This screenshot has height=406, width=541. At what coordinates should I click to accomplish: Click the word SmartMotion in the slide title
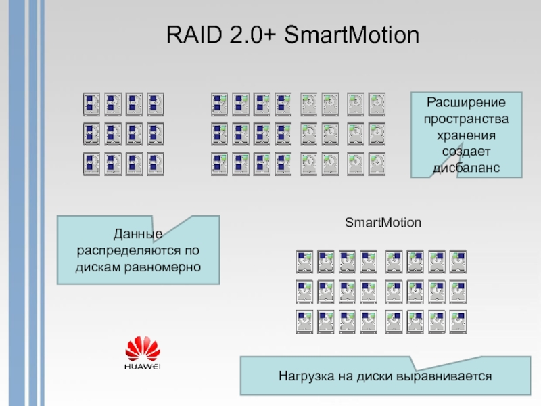[352, 35]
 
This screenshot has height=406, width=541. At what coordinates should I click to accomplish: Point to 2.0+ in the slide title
[246, 35]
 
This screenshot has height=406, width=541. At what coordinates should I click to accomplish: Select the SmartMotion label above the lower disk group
[383, 223]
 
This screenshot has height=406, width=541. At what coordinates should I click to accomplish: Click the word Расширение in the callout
[467, 103]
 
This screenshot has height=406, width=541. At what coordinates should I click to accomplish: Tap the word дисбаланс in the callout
[467, 166]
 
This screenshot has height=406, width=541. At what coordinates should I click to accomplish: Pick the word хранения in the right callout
[467, 135]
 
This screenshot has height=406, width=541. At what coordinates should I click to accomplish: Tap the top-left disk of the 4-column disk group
[91, 103]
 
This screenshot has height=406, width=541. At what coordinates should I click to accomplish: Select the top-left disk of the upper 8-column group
[219, 103]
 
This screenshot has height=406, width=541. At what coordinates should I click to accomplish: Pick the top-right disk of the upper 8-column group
[377, 103]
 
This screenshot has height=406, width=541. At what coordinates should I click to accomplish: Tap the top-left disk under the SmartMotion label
[304, 261]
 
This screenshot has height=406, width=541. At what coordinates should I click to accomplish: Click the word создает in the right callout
[467, 150]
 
